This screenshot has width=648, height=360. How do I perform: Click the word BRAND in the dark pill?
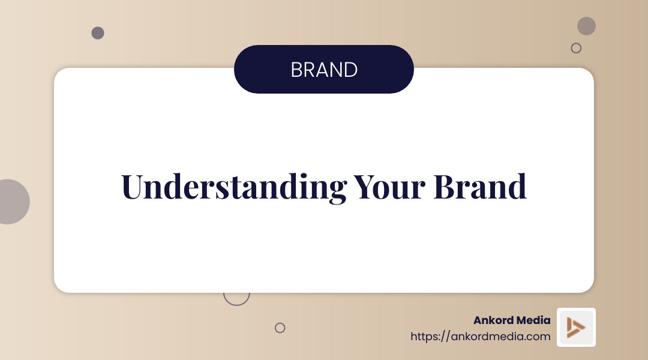pos(324,70)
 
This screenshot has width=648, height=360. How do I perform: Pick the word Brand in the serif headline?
pos(480,187)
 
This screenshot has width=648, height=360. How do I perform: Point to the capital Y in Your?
pos(364,187)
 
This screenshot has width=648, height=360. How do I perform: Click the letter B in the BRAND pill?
pos(296,70)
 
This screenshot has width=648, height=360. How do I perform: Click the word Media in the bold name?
pos(533,320)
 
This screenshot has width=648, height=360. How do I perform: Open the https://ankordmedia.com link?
pos(480,337)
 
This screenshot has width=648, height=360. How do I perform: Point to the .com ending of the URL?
pos(539,337)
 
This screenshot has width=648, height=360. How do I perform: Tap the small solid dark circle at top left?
pos(98,33)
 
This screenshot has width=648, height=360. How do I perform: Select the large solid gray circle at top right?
pos(586,26)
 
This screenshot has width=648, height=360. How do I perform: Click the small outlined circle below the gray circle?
pos(576,48)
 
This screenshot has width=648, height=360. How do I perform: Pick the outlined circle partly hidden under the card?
pos(236,297)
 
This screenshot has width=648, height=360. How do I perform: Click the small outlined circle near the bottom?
pos(280,328)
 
